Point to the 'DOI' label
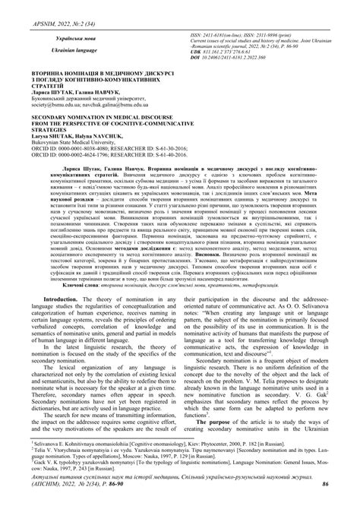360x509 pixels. (198, 56)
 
